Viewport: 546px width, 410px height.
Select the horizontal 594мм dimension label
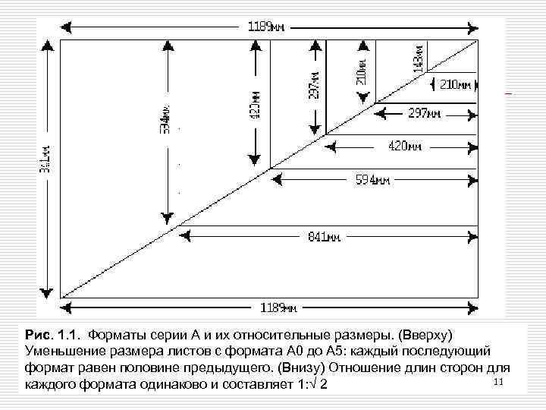(373, 181)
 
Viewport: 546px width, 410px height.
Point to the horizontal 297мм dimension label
(424, 114)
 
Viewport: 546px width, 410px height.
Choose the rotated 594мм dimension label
(165, 118)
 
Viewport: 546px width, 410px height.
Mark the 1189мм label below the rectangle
(278, 307)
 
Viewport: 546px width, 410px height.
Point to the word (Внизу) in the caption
(303, 367)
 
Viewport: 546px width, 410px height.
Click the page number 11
(498, 379)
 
